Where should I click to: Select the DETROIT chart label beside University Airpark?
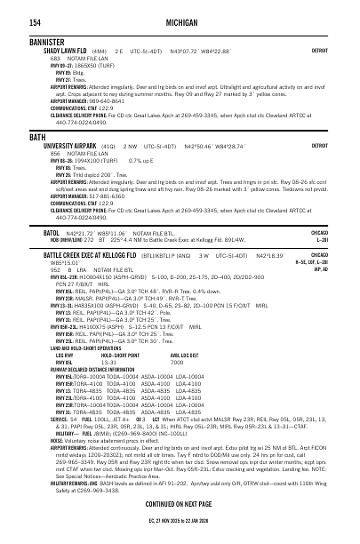320,145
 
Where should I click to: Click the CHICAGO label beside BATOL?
320,231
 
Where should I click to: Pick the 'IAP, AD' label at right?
321,268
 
